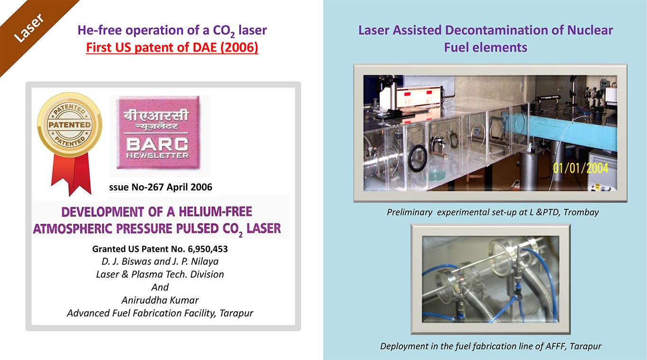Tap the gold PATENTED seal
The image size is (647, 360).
(70, 125)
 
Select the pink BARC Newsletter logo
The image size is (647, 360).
(158, 133)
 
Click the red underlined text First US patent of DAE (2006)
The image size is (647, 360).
(172, 47)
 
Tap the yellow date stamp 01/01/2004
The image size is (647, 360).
(581, 168)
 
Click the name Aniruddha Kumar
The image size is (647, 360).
(160, 300)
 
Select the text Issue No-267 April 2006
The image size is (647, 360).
(161, 187)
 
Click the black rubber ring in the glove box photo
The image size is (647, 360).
(417, 158)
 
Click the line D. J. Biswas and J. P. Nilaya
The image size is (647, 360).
(160, 261)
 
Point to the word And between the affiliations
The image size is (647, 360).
(160, 287)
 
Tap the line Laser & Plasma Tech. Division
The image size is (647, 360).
(160, 274)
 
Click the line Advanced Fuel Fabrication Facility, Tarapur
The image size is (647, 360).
(160, 313)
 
